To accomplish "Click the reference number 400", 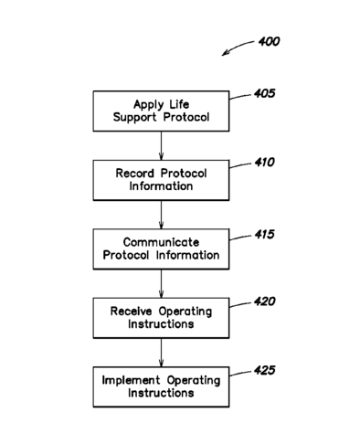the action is (x=269, y=41).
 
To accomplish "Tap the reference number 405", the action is (x=265, y=93).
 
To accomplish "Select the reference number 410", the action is (x=265, y=162).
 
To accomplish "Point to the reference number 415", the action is (x=265, y=234).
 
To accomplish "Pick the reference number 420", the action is (x=265, y=301).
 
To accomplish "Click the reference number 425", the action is (x=265, y=370).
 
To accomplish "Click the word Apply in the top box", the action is (x=148, y=105).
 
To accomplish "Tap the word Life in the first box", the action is (x=179, y=104).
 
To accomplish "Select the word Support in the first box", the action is (x=134, y=118).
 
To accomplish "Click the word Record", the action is (x=134, y=174).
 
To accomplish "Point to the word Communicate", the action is (x=161, y=242).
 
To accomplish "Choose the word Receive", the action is (x=131, y=312).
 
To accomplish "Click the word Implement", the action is (x=131, y=381).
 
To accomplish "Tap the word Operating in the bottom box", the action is (x=194, y=381).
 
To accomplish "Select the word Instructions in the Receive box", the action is (x=161, y=324).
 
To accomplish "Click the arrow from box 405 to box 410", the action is (x=161, y=146).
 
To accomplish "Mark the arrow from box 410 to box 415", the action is (x=161, y=215).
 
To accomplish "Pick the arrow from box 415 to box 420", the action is (x=161, y=283).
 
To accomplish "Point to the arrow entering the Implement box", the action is (x=161, y=353).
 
